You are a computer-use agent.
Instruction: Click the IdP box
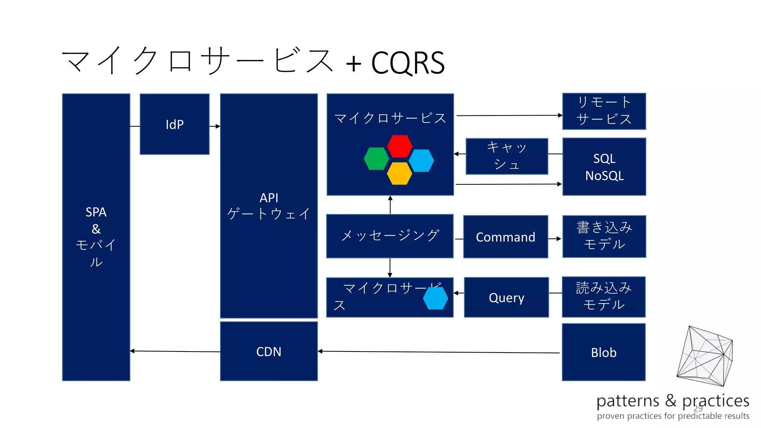pyautogui.click(x=174, y=124)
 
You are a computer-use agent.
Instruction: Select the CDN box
pyautogui.click(x=269, y=351)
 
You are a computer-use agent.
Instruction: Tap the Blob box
pyautogui.click(x=603, y=352)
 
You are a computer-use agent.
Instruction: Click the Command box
pyautogui.click(x=505, y=237)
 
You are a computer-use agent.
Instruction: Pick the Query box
pyautogui.click(x=506, y=297)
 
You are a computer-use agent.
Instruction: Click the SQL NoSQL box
pyautogui.click(x=604, y=166)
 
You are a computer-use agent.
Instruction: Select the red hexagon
pyautogui.click(x=399, y=146)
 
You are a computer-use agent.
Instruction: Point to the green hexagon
pyautogui.click(x=376, y=159)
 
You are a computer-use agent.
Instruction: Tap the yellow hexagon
pyautogui.click(x=399, y=174)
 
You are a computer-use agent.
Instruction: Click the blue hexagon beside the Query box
pyautogui.click(x=435, y=298)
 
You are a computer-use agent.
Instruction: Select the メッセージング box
pyautogui.click(x=389, y=236)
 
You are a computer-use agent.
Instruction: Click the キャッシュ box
pyautogui.click(x=506, y=156)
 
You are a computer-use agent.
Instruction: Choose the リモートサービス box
pyautogui.click(x=604, y=111)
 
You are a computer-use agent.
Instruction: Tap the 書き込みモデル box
pyautogui.click(x=604, y=236)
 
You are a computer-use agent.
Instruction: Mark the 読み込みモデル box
pyautogui.click(x=603, y=296)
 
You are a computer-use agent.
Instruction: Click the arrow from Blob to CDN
pyautogui.click(x=438, y=352)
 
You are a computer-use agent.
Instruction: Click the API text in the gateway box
pyautogui.click(x=269, y=198)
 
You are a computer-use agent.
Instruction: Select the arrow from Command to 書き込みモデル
pyautogui.click(x=555, y=239)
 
